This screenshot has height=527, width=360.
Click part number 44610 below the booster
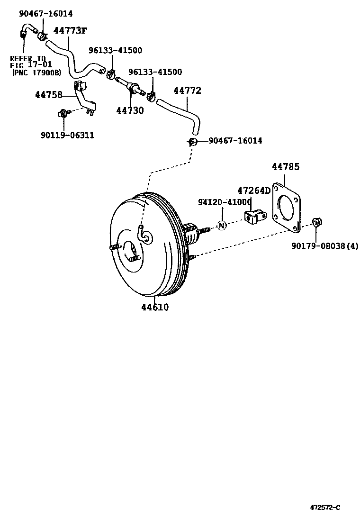[154, 307]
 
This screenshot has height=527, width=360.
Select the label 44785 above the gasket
[286, 167]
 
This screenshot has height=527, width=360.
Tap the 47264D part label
[253, 191]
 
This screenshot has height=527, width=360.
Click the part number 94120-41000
[225, 202]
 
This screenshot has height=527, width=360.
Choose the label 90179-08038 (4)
[325, 246]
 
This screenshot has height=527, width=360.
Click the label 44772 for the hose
[187, 91]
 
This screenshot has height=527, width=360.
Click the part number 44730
[130, 110]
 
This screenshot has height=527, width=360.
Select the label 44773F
[70, 31]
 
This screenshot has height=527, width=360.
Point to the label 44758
[48, 95]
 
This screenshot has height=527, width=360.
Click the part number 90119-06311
[67, 136]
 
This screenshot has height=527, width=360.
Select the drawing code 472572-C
[325, 508]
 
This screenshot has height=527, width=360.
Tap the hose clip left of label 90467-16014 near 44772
[192, 141]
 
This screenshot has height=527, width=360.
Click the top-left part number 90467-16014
[46, 14]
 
